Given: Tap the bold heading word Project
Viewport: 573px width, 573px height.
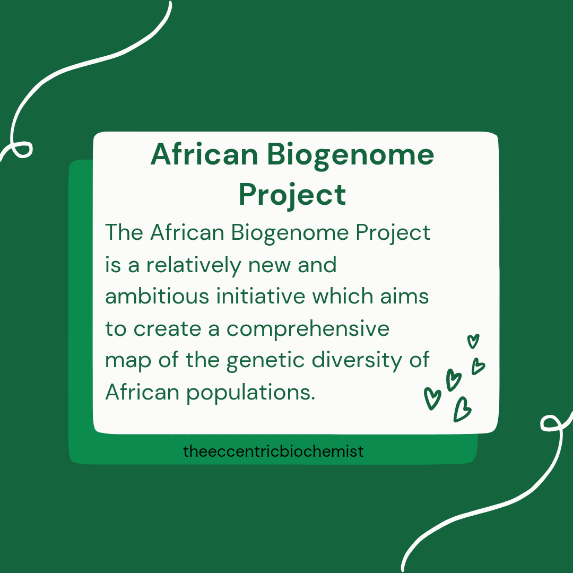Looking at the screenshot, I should (x=292, y=195).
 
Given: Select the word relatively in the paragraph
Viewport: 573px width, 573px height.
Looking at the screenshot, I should (x=194, y=265).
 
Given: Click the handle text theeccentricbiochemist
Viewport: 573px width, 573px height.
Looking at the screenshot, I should (x=273, y=452).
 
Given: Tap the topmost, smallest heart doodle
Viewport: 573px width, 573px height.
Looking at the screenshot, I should (x=473, y=341).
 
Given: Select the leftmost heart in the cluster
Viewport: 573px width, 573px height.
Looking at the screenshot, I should (x=432, y=398).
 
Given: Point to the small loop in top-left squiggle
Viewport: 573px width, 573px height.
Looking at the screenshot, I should (x=23, y=150).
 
